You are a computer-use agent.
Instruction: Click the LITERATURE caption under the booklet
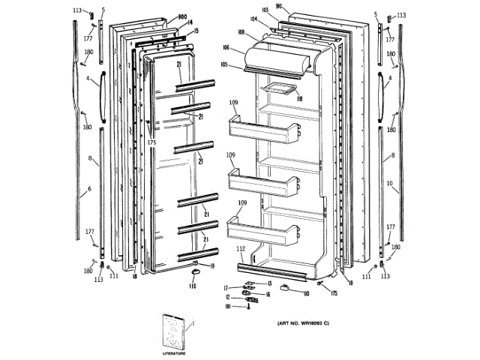(174, 351)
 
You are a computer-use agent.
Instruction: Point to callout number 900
(181, 16)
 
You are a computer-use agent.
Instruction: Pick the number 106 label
(226, 47)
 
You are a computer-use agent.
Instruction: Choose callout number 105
(224, 64)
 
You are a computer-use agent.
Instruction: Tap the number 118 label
(298, 98)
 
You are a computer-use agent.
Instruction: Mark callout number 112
(240, 248)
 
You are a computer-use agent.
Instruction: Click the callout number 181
(227, 306)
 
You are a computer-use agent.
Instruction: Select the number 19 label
(212, 266)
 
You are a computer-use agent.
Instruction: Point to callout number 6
(88, 189)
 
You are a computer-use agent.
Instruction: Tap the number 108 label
(241, 31)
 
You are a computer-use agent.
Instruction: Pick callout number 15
(196, 31)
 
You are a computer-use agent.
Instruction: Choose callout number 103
(265, 10)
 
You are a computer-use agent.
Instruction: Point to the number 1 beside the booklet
(192, 324)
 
